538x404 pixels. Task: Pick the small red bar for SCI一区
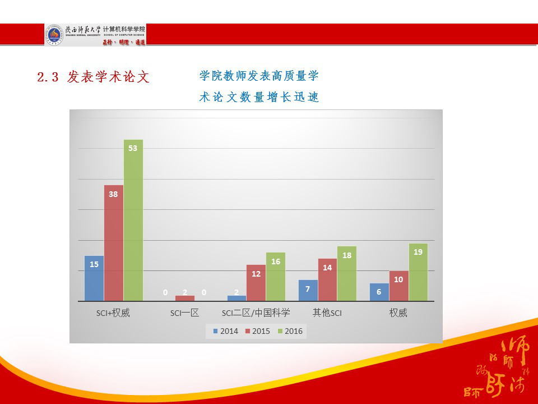coord(185,298)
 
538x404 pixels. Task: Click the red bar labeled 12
coord(256,283)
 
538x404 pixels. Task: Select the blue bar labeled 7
coord(308,290)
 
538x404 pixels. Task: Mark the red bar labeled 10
coord(398,286)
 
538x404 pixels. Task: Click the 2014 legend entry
coord(225,331)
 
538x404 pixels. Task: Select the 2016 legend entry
coord(290,331)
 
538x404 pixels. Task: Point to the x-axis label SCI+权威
coord(113,313)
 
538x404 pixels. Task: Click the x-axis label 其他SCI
coord(327,313)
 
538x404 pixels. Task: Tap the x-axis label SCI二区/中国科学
coord(256,313)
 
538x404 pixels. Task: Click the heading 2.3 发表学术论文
coord(94,77)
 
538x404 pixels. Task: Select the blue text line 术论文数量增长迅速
coord(259,97)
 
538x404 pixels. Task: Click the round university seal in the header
coord(54,34)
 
